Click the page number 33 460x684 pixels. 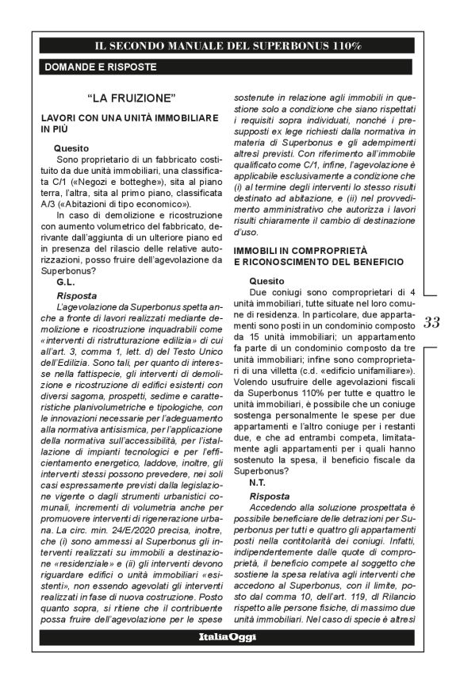pos(432,322)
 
